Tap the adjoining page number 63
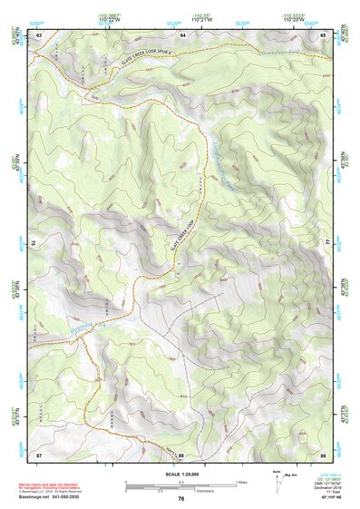click(x=39, y=34)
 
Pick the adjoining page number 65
click(x=323, y=34)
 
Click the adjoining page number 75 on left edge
click(x=33, y=243)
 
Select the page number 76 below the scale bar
click(x=181, y=498)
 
